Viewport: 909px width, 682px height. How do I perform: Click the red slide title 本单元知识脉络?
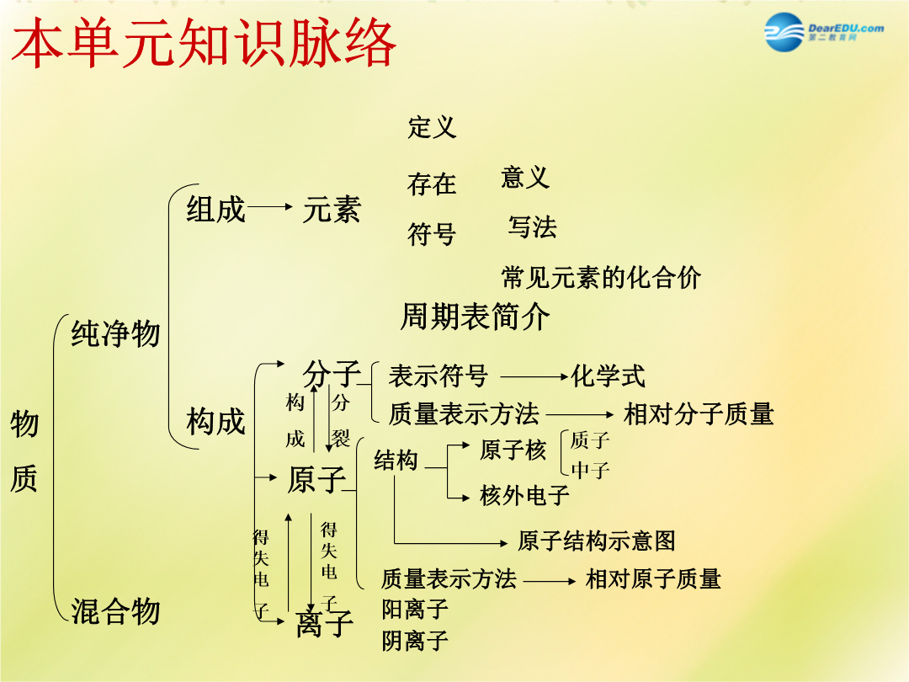pos(204,42)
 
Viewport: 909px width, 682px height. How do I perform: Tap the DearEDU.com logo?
pos(824,32)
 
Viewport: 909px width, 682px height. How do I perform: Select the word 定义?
pos(432,127)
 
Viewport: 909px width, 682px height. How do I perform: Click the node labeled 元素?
pos(332,209)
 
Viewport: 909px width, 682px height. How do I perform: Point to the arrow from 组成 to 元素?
pos(269,206)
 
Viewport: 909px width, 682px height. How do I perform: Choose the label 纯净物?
pos(115,333)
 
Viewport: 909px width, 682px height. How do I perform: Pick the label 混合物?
pos(115,610)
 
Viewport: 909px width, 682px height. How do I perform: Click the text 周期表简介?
pos(475,317)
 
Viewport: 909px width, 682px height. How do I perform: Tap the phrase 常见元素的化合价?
pos(601,277)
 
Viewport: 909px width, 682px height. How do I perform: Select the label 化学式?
pos(609,376)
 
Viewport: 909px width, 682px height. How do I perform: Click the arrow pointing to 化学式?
pos(534,377)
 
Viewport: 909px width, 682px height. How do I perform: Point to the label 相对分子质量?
pos(699,414)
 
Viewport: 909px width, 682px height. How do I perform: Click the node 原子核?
pos(513,450)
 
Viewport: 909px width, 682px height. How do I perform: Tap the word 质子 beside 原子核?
pos(590,440)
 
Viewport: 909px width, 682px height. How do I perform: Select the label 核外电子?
pos(524,495)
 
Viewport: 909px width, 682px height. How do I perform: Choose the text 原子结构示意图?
pos(597,541)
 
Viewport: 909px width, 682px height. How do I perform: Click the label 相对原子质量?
pos(653,578)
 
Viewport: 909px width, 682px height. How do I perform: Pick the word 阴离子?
pos(415,641)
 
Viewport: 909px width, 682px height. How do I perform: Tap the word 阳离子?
pos(415,609)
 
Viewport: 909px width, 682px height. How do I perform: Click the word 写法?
pos(532,226)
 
